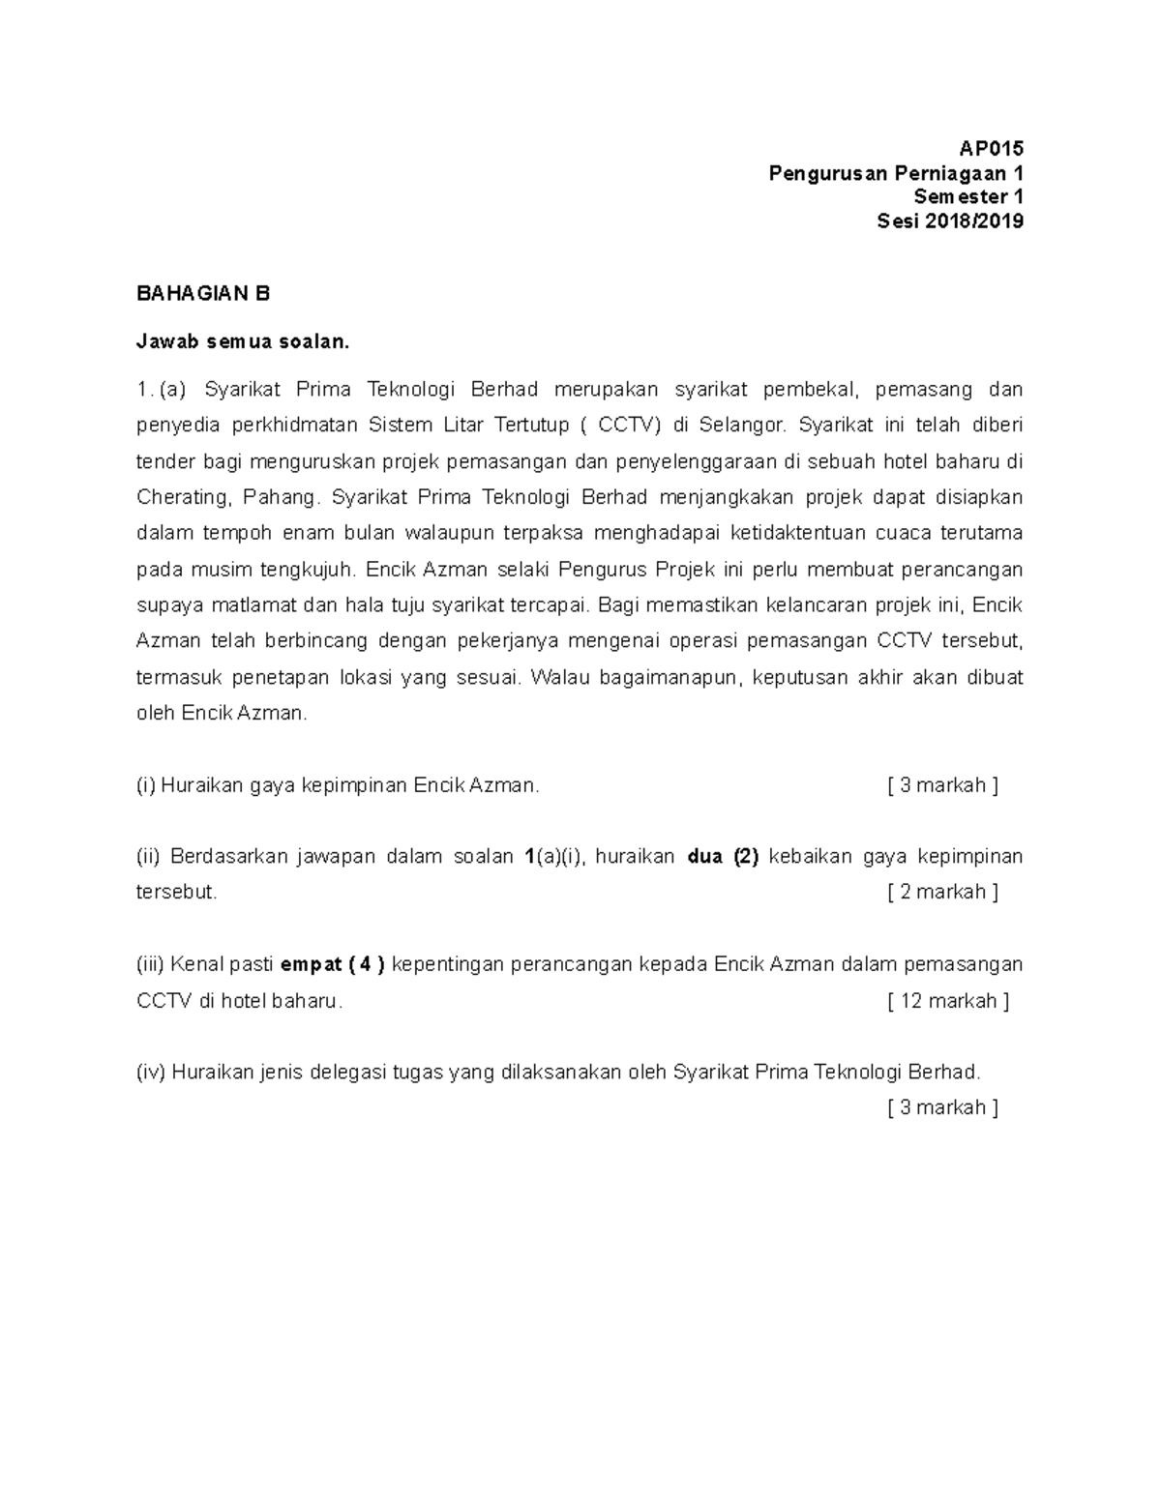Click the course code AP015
coord(990,149)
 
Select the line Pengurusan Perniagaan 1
coord(895,173)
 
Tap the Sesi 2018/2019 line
coord(949,221)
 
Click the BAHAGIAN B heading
coord(203,294)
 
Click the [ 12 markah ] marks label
coord(947,1001)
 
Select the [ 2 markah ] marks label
coord(941,892)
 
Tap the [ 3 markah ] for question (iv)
coord(941,1107)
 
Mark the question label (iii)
coord(150,964)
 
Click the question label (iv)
coord(151,1072)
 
